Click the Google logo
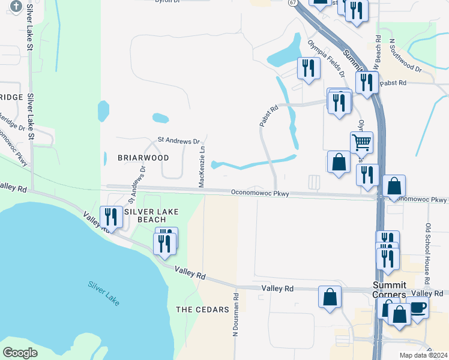pos(20,353)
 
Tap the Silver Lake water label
pos(103,293)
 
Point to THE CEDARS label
pos(202,310)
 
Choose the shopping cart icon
pos(361,143)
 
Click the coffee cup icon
pos(418,307)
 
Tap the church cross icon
pos(16,7)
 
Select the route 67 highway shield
pos(292,3)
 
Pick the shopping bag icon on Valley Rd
pos(330,297)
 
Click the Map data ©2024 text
pos(424,355)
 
